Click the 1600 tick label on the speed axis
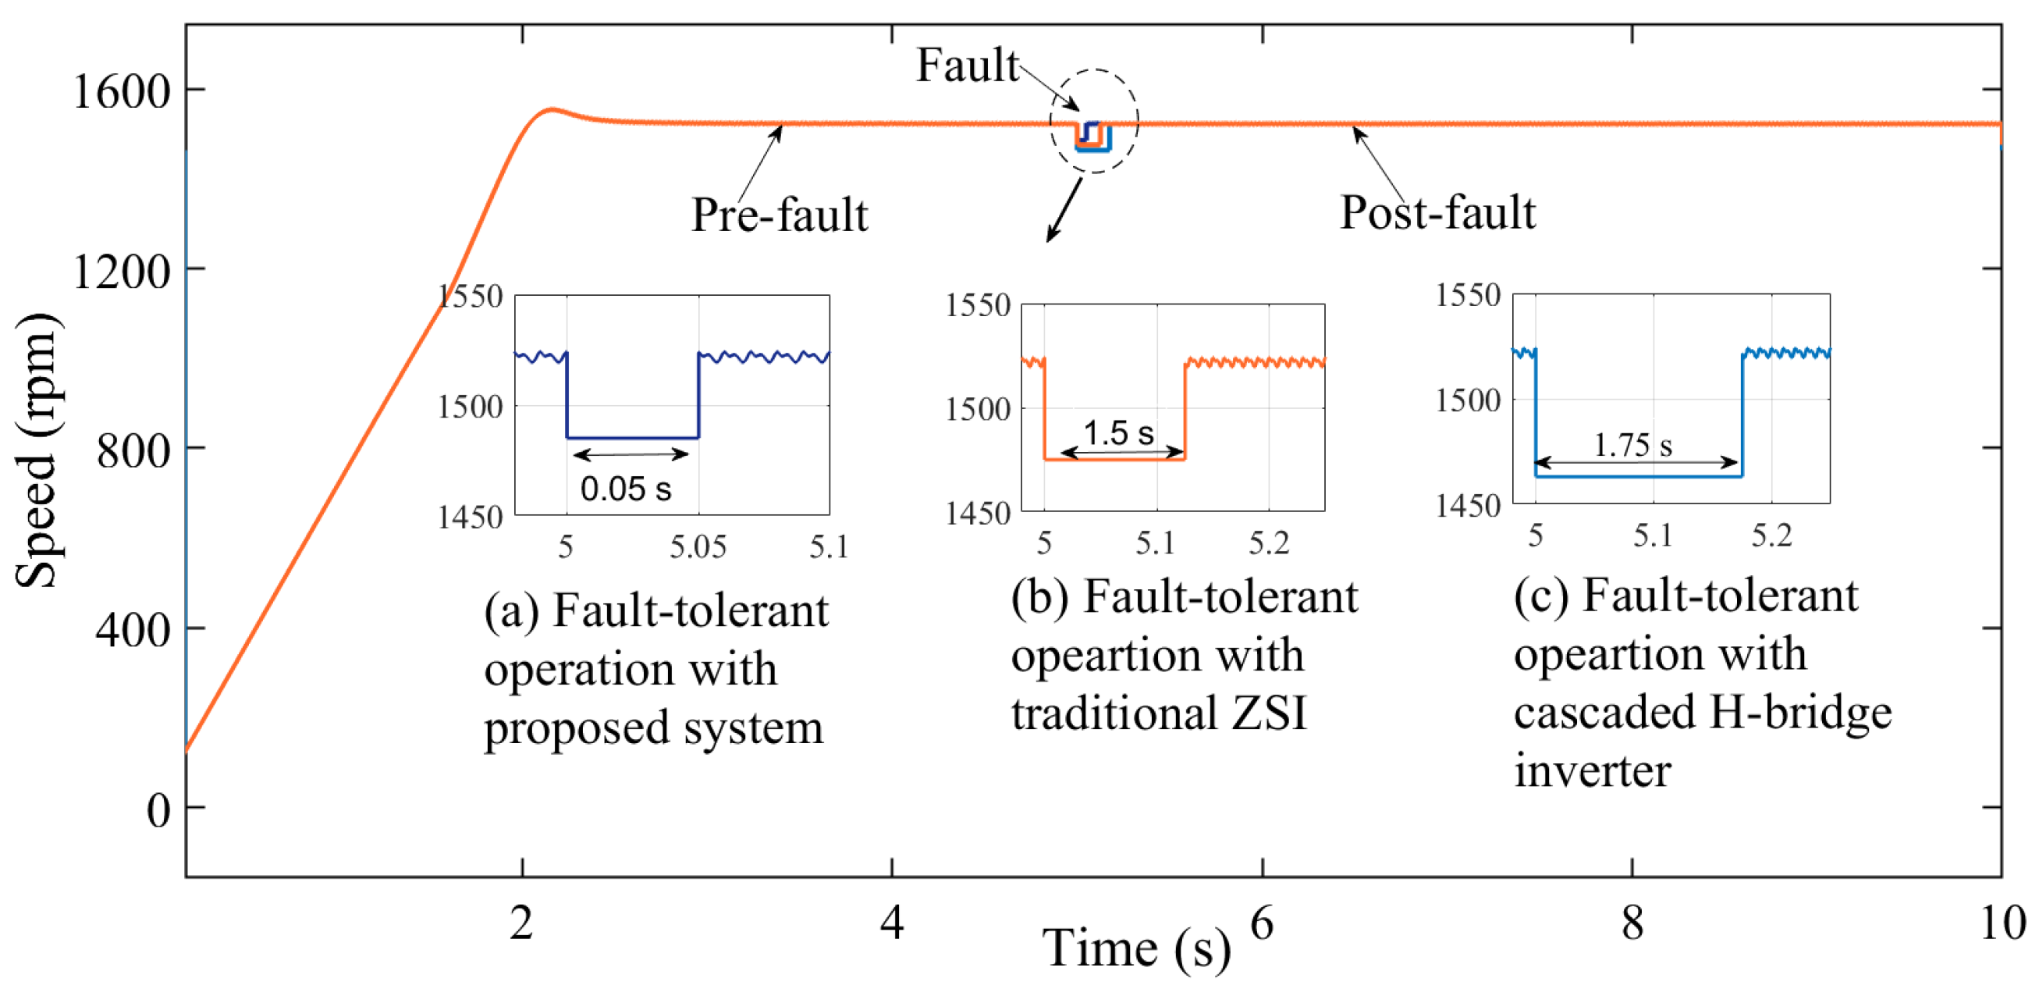click(x=121, y=92)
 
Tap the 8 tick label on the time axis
click(x=1632, y=923)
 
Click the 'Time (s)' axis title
click(x=1136, y=948)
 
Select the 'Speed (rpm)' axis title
click(x=38, y=450)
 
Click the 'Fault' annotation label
click(x=967, y=65)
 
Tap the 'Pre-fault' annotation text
click(x=779, y=215)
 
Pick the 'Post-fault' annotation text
click(x=1437, y=212)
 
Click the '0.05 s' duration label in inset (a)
click(x=625, y=489)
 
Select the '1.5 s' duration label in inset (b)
click(x=1117, y=433)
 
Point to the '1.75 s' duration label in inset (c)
click(x=1632, y=445)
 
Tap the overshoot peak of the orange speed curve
click(x=552, y=109)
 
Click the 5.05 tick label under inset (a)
click(x=698, y=547)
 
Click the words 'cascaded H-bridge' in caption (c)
click(x=1702, y=713)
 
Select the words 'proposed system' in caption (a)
click(x=654, y=727)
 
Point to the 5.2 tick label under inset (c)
click(x=1771, y=537)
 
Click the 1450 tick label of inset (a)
click(x=471, y=518)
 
